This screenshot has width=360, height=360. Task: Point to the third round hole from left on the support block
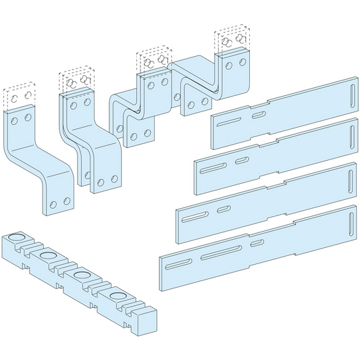point(82,277)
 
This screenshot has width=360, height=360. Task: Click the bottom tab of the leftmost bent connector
point(58,201)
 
